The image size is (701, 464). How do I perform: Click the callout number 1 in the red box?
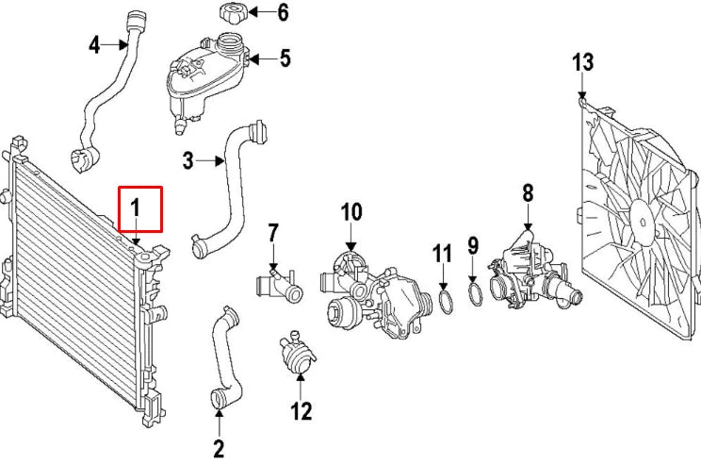(x=138, y=206)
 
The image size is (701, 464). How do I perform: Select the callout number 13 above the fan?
(x=583, y=63)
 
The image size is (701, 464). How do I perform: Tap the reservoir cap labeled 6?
(x=232, y=15)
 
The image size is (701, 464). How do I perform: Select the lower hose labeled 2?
(x=222, y=358)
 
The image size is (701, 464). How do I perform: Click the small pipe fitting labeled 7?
(x=279, y=283)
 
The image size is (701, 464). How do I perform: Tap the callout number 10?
(x=350, y=213)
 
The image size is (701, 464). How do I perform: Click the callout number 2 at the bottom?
(x=219, y=449)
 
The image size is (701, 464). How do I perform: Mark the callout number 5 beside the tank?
(x=284, y=58)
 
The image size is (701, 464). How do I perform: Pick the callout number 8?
(x=528, y=193)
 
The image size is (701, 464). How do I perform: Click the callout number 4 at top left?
(x=95, y=44)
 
